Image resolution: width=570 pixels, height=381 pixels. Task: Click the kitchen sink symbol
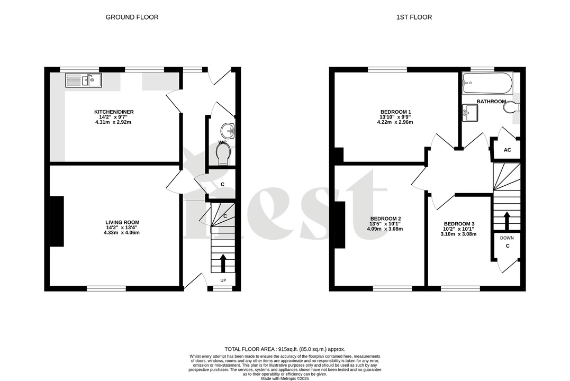79,80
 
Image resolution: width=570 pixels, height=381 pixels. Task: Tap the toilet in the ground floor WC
224,154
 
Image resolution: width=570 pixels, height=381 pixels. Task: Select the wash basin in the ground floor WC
228,130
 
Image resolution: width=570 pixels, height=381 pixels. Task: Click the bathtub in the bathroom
487,81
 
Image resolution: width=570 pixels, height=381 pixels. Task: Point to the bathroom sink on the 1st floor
469,112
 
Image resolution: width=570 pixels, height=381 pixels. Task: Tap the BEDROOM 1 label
395,112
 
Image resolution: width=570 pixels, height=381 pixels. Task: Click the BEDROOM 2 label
385,219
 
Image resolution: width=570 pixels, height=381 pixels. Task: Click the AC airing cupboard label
507,150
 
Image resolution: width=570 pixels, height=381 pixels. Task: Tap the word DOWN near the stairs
506,238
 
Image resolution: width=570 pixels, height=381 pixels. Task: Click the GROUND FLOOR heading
132,17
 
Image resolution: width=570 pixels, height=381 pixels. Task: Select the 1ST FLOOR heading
414,17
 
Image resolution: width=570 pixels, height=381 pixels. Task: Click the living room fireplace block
57,221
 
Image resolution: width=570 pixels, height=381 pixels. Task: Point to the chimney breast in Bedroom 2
340,225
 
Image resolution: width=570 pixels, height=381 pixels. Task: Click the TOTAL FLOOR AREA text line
285,349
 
